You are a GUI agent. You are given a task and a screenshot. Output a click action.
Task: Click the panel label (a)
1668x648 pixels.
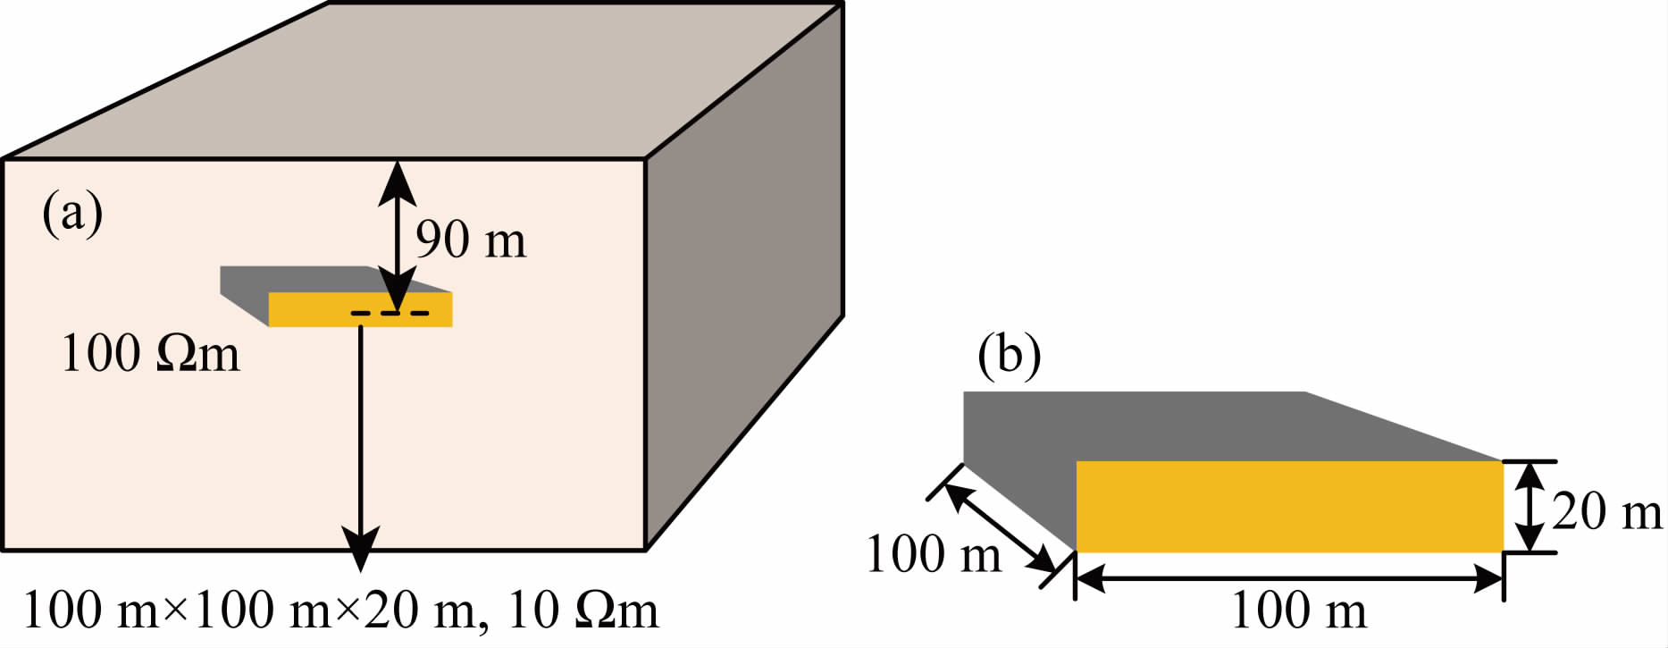pyautogui.click(x=72, y=215)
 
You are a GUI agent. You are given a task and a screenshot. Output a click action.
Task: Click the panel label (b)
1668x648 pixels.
pyautogui.click(x=1009, y=356)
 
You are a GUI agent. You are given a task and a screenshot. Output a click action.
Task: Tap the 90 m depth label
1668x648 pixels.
pyautogui.click(x=471, y=240)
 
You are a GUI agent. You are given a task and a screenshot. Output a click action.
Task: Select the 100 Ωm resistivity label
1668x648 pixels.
pyautogui.click(x=150, y=353)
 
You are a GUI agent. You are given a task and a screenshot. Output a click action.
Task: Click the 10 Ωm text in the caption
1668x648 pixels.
pyautogui.click(x=583, y=611)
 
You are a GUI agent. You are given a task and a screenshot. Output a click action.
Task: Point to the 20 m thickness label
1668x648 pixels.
pyautogui.click(x=1606, y=512)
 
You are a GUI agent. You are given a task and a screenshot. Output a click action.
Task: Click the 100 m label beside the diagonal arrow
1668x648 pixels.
pyautogui.click(x=934, y=553)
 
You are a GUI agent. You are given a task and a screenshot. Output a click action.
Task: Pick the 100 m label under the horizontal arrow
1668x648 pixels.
pyautogui.click(x=1299, y=611)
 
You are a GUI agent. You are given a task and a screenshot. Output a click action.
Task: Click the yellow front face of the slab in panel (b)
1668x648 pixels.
pyautogui.click(x=1289, y=506)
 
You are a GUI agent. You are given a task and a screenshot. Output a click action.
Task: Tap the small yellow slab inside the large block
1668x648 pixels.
pyautogui.click(x=360, y=309)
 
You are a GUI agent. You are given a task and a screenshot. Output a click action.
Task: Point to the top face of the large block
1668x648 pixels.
pyautogui.click(x=423, y=80)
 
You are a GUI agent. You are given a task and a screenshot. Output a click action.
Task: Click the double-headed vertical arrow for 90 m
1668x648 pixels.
pyautogui.click(x=397, y=235)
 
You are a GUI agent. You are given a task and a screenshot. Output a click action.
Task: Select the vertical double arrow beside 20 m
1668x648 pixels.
pyautogui.click(x=1530, y=507)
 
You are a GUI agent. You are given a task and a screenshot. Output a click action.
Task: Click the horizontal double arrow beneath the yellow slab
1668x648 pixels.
pyautogui.click(x=1289, y=580)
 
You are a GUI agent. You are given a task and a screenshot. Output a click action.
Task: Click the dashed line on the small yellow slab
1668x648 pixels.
pyautogui.click(x=390, y=313)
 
